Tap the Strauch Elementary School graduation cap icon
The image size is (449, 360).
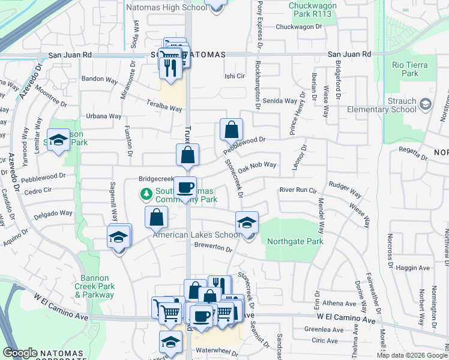point(426,104)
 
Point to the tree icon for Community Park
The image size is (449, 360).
point(145,194)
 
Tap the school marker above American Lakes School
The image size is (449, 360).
point(246,223)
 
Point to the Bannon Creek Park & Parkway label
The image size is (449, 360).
point(97,287)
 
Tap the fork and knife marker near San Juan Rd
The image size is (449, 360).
point(168,68)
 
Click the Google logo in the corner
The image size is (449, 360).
point(20,353)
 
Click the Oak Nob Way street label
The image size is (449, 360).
point(257,167)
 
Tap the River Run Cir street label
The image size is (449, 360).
point(297,190)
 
